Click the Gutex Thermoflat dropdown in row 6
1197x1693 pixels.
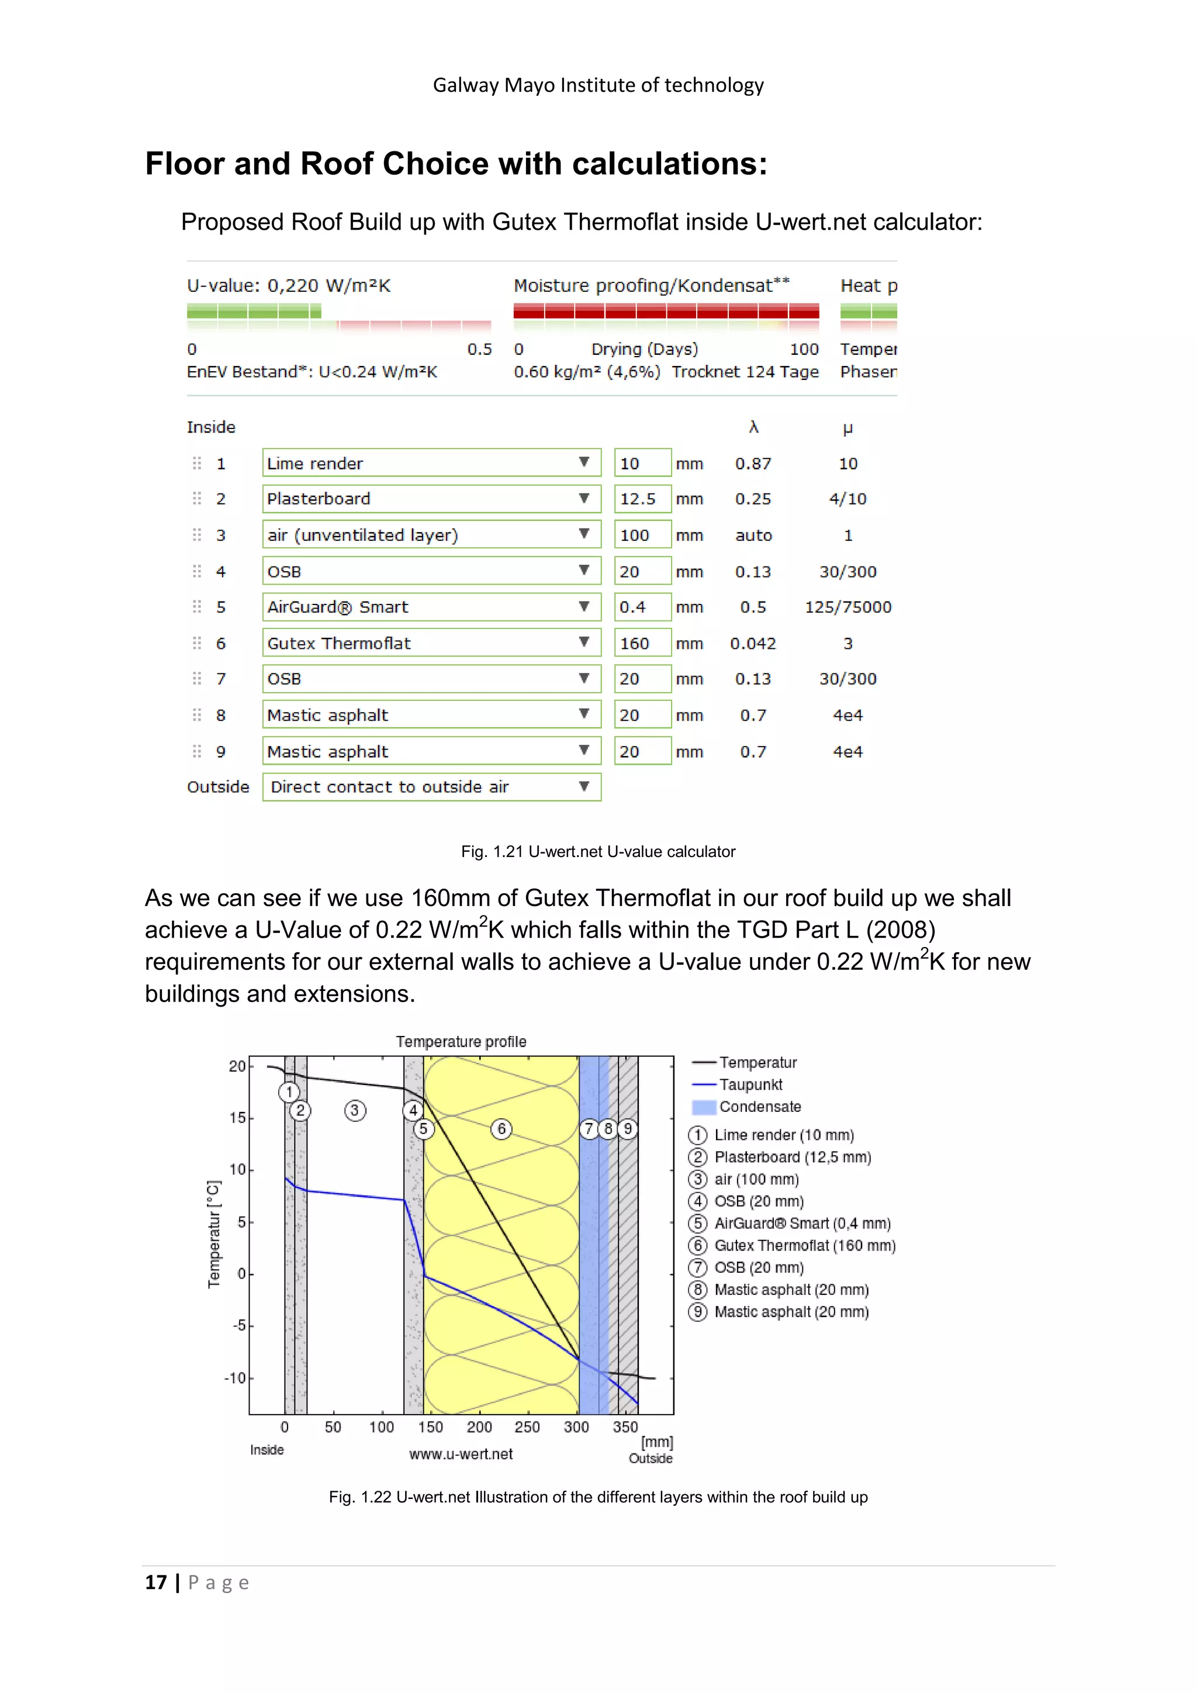pyautogui.click(x=431, y=643)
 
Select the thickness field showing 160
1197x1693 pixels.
pyautogui.click(x=641, y=643)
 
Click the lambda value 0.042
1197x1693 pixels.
pyautogui.click(x=753, y=644)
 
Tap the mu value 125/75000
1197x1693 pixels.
pyautogui.click(x=847, y=607)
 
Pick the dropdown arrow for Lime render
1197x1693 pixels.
pyautogui.click(x=584, y=462)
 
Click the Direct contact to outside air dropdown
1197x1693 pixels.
pyautogui.click(x=431, y=787)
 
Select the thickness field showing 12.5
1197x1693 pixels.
pyautogui.click(x=641, y=499)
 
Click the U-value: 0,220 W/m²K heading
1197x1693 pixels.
pyautogui.click(x=288, y=285)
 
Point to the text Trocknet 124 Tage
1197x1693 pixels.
pyautogui.click(x=745, y=372)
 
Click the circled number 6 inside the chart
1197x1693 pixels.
pyautogui.click(x=501, y=1129)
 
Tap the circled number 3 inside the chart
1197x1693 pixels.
pyautogui.click(x=355, y=1111)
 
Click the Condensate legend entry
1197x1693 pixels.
pyautogui.click(x=759, y=1107)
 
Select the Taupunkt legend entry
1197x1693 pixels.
pyautogui.click(x=750, y=1084)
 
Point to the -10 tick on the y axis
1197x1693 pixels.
pyautogui.click(x=234, y=1378)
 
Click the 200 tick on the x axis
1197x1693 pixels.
pyautogui.click(x=479, y=1427)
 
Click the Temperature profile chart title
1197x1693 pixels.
pyautogui.click(x=461, y=1041)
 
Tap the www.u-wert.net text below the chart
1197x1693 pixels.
pyautogui.click(x=461, y=1454)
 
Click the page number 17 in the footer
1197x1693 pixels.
pyautogui.click(x=155, y=1583)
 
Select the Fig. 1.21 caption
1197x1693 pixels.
pyautogui.click(x=598, y=852)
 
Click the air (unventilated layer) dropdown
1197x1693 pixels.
pyautogui.click(x=431, y=534)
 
